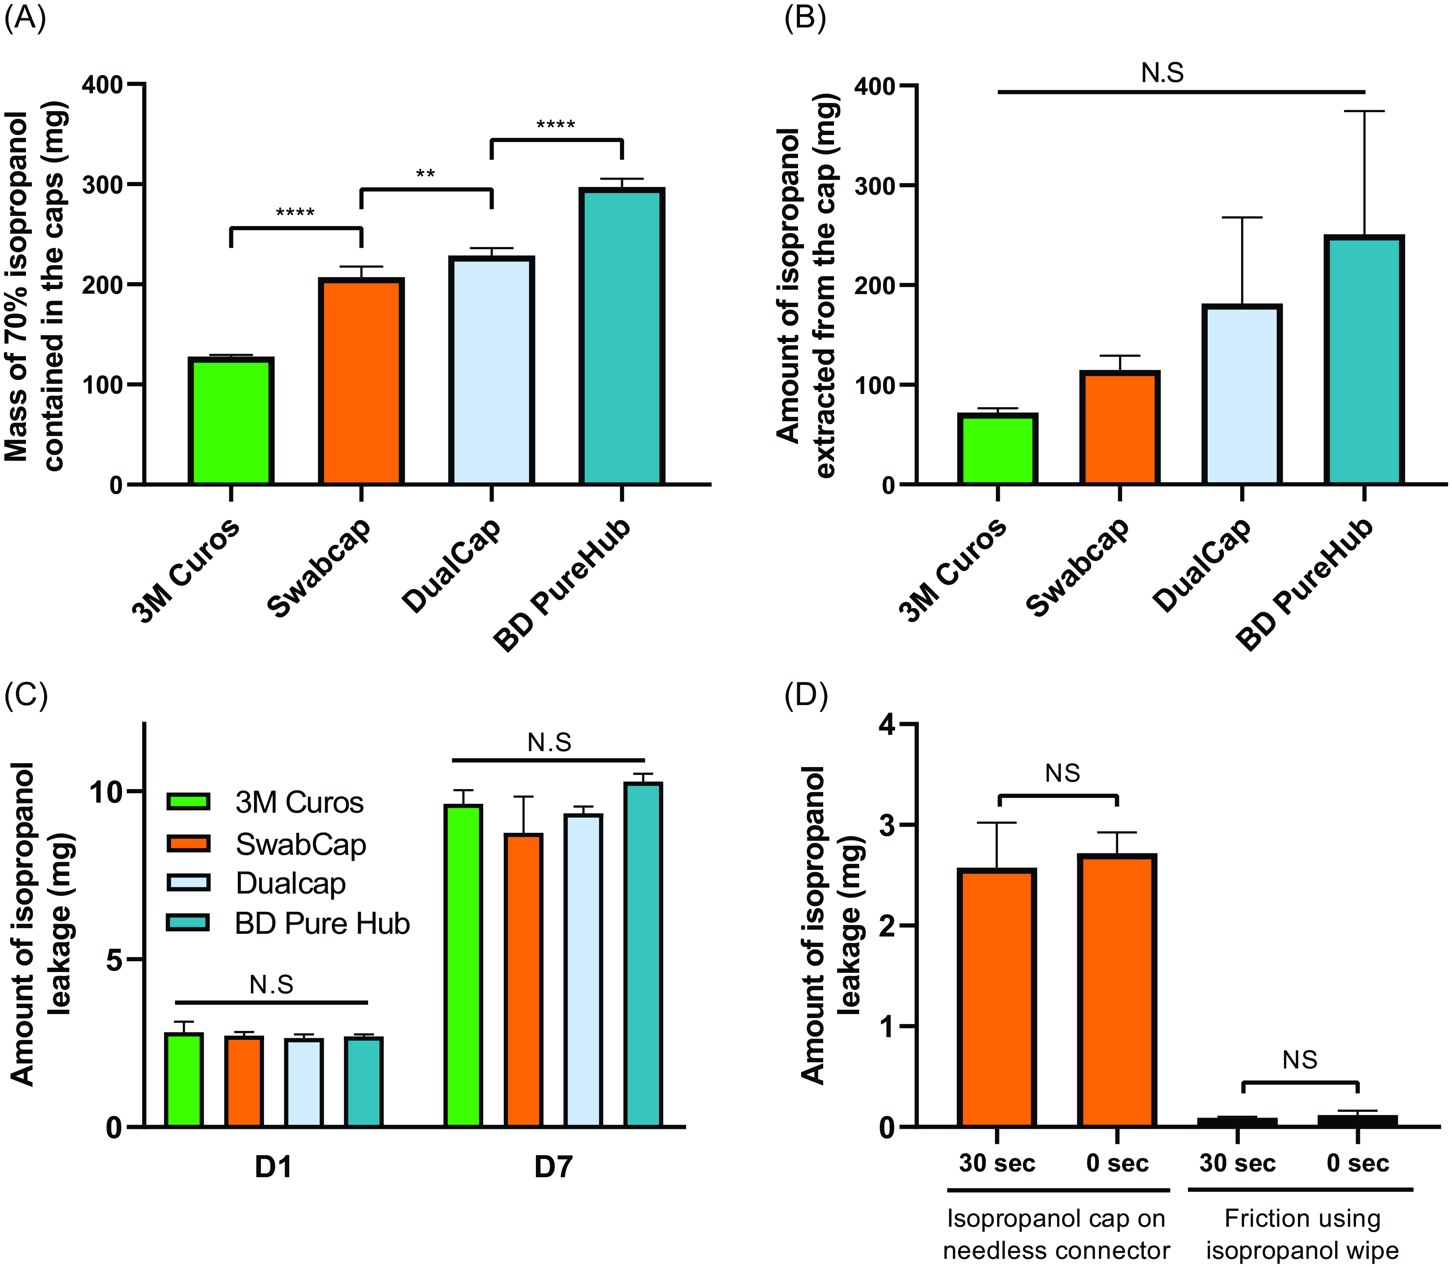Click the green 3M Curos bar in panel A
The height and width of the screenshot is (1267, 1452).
click(x=230, y=422)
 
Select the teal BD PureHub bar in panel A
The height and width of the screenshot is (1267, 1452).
click(x=622, y=337)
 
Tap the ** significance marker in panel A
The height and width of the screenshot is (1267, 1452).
click(x=425, y=174)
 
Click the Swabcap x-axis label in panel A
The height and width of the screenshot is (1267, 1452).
click(x=320, y=569)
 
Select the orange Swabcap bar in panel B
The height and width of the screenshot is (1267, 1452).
click(x=1120, y=428)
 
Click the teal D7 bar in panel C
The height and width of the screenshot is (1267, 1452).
click(x=643, y=954)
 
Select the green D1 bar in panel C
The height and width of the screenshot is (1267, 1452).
click(x=184, y=1080)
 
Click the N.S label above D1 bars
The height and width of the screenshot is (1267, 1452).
click(x=271, y=984)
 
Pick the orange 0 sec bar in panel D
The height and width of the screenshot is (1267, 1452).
click(x=1117, y=990)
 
